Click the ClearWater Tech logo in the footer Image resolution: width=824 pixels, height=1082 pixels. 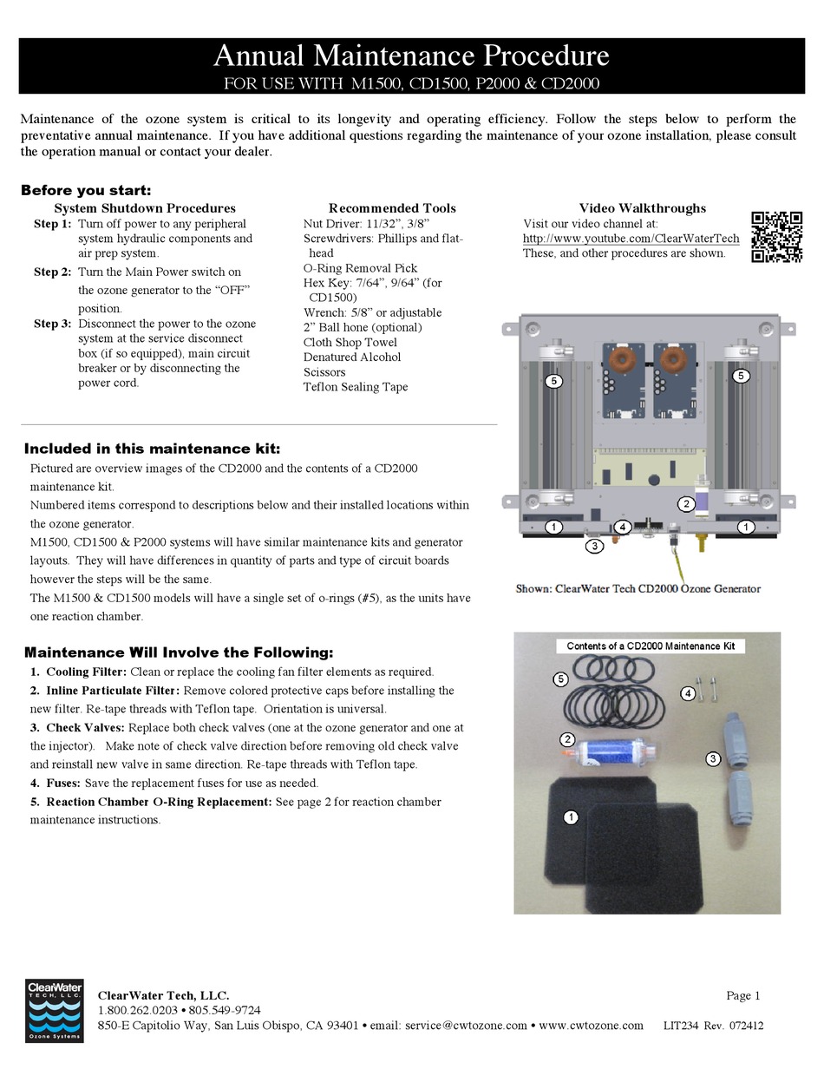click(x=55, y=1010)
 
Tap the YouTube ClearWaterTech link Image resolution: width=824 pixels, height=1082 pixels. click(x=631, y=239)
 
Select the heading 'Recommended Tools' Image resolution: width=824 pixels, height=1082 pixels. click(x=392, y=208)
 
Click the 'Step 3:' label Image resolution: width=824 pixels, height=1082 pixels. click(x=53, y=324)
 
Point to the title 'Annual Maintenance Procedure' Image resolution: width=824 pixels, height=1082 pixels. click(x=411, y=56)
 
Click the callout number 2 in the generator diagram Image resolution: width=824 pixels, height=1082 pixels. click(x=686, y=504)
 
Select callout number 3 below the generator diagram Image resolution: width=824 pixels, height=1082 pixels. click(x=594, y=546)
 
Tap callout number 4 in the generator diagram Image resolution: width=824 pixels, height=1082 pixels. click(x=621, y=527)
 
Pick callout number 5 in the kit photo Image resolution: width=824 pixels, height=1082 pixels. click(x=561, y=679)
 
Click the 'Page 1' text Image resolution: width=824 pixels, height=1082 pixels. click(x=742, y=995)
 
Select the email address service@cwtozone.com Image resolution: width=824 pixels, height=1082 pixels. click(x=466, y=1026)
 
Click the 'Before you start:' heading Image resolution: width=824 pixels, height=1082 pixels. click(x=86, y=191)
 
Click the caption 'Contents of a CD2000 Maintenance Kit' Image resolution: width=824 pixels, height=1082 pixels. click(x=651, y=646)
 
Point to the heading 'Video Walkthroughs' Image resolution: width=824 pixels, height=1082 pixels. click(x=643, y=208)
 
